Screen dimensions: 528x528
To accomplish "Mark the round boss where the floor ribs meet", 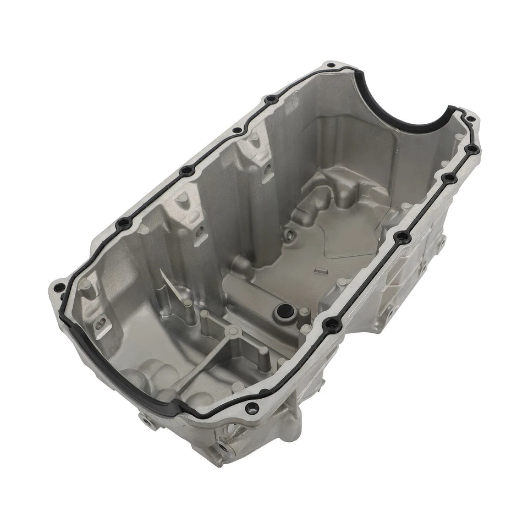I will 234,330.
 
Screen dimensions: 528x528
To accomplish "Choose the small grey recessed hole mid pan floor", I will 287,238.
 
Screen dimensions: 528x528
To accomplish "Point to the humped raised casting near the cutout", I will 330,190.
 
